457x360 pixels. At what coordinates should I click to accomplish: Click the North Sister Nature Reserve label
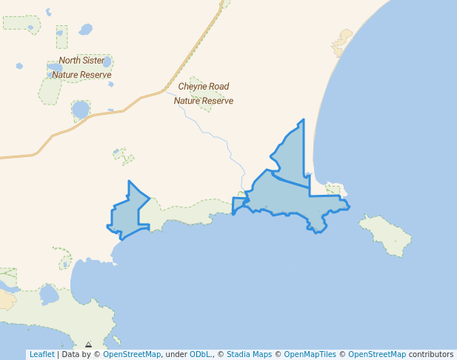81,67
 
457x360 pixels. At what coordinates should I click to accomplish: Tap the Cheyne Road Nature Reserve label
204,93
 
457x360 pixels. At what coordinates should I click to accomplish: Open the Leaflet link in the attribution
41,355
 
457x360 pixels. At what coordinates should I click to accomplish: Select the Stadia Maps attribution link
249,355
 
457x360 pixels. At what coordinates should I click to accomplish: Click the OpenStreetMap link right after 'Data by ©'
131,355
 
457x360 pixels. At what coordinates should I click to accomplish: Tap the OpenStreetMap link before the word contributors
377,355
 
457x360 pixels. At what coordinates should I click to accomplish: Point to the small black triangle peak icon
88,344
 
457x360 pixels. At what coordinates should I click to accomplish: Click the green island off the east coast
386,235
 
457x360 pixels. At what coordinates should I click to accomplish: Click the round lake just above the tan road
80,110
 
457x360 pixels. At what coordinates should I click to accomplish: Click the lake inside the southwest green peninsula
49,295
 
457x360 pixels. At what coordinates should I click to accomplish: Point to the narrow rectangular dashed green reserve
61,37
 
